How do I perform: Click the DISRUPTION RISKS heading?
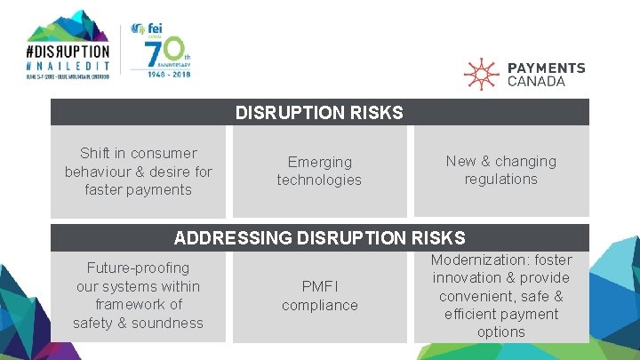(x=319, y=113)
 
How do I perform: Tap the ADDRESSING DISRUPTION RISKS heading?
(x=319, y=237)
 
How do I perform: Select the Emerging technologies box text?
(x=319, y=171)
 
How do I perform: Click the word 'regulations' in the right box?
(x=500, y=180)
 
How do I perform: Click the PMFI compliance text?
(x=319, y=296)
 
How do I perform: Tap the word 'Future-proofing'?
(x=138, y=268)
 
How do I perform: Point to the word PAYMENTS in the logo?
(x=546, y=68)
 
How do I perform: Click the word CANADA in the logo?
(x=536, y=81)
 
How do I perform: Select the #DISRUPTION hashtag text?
(x=68, y=52)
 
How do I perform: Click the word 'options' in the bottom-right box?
(x=500, y=332)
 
